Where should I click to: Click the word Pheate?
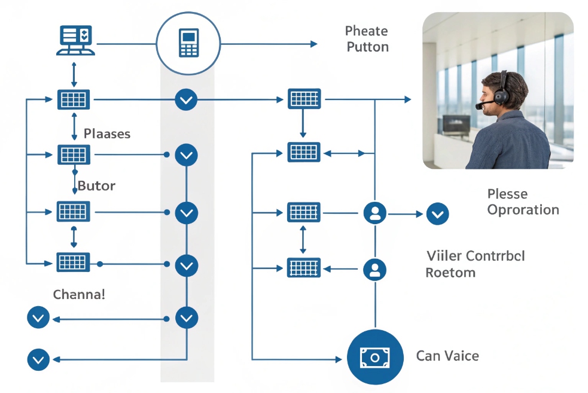pyautogui.click(x=366, y=31)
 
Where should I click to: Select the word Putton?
pyautogui.click(x=367, y=47)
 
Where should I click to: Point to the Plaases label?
pyautogui.click(x=107, y=134)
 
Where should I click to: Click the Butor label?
pyautogui.click(x=96, y=186)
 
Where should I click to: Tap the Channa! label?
pyautogui.click(x=79, y=295)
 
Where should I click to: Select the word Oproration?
pyautogui.click(x=523, y=210)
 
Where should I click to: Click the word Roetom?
pyautogui.click(x=450, y=273)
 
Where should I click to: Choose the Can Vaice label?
pyautogui.click(x=447, y=356)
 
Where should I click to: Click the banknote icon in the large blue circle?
pyautogui.click(x=374, y=357)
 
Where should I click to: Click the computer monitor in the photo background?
pyautogui.click(x=455, y=123)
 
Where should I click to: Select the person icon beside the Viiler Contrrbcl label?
pyautogui.click(x=375, y=269)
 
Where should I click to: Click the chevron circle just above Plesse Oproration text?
pyautogui.click(x=437, y=213)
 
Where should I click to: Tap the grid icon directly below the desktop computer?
pyautogui.click(x=74, y=99)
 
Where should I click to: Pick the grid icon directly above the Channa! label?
pyautogui.click(x=74, y=262)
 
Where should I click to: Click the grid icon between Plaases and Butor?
pyautogui.click(x=74, y=155)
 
